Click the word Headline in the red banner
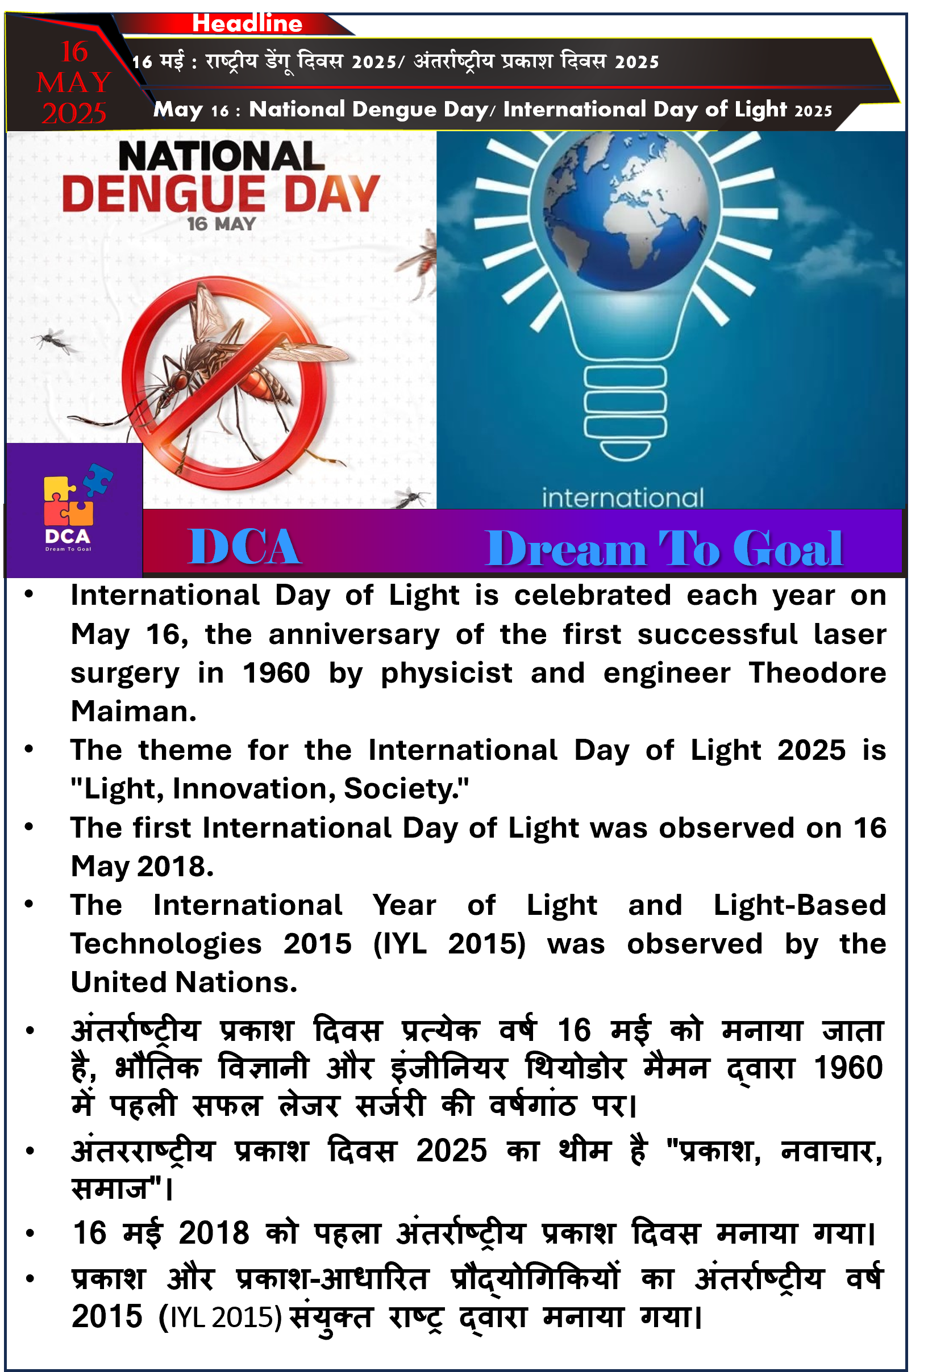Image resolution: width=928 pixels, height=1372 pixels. [247, 24]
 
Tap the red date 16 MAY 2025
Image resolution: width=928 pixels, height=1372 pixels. [74, 83]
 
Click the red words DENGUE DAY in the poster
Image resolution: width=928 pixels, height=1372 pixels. [221, 194]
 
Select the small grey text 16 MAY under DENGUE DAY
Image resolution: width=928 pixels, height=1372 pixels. [222, 224]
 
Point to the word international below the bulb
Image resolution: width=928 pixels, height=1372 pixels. [623, 498]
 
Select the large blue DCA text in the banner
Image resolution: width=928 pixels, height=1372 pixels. [244, 547]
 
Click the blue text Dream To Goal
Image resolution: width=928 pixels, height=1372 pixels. [663, 549]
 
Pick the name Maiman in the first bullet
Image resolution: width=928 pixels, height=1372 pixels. [134, 712]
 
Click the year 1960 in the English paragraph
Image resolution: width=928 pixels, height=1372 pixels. [276, 673]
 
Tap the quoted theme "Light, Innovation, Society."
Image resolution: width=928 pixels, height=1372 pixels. [269, 789]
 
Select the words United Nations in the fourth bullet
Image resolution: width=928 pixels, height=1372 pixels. [184, 982]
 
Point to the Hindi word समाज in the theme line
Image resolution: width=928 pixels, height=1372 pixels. [110, 1189]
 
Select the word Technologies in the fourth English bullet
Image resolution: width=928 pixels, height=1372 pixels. [166, 944]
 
